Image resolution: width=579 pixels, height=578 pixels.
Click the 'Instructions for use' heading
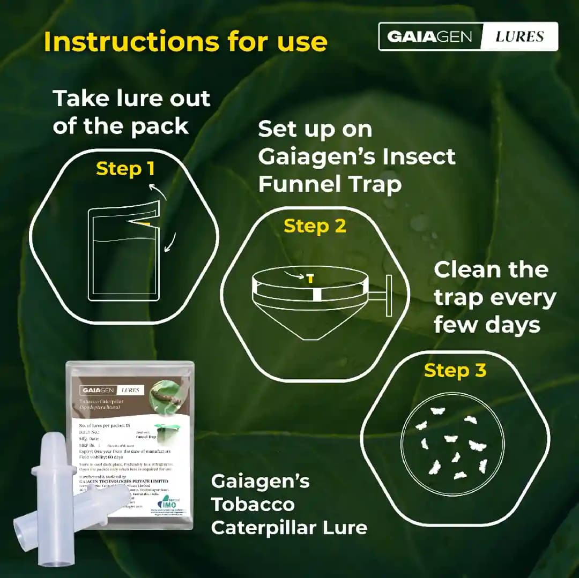(185, 41)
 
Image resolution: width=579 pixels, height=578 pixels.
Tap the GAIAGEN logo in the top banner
(429, 36)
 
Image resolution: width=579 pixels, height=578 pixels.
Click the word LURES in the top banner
(519, 36)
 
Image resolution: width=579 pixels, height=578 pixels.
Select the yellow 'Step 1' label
(125, 169)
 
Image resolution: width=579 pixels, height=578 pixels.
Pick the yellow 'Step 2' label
(315, 226)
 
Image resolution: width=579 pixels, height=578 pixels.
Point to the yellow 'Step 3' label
(455, 370)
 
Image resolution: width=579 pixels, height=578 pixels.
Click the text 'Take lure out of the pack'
(131, 112)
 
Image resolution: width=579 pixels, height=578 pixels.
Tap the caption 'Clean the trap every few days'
(494, 297)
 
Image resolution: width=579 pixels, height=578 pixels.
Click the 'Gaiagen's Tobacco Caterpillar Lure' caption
(289, 504)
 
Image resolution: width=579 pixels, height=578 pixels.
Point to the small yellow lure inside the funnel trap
(309, 277)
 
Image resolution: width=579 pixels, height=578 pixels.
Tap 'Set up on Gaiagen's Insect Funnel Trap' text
(356, 157)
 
